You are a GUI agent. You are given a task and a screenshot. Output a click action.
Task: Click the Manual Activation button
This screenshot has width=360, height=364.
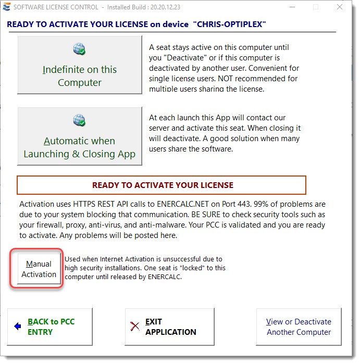click(39, 269)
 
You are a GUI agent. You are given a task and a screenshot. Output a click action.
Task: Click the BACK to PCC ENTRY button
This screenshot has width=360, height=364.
click(50, 327)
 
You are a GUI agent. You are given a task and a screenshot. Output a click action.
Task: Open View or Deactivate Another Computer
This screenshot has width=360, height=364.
click(299, 327)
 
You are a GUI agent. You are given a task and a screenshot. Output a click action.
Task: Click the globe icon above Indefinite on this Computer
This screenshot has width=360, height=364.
click(79, 49)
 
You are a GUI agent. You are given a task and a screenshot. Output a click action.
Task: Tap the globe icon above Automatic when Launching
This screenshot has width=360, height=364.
click(79, 121)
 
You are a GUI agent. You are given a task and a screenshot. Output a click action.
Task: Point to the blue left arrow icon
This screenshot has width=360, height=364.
click(18, 327)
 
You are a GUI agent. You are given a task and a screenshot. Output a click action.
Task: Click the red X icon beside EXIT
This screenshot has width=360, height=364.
click(135, 327)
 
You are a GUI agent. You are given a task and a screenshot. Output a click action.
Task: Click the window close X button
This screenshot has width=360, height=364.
click(339, 7)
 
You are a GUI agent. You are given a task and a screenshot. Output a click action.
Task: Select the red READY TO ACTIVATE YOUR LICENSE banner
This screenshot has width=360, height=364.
click(162, 185)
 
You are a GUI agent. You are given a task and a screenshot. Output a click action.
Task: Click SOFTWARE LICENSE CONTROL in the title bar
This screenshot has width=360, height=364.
click(55, 7)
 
